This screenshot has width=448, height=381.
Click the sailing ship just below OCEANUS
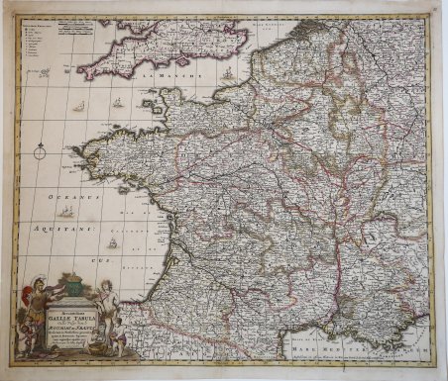[65, 211]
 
